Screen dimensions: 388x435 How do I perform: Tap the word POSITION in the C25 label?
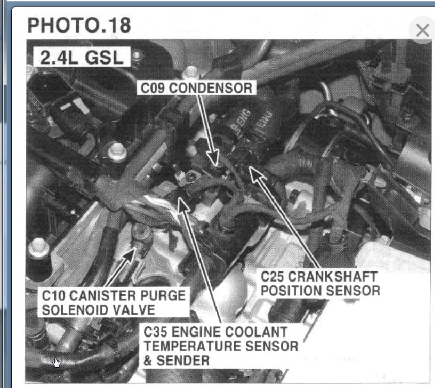[290, 290]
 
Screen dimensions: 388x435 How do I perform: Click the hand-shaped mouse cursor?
[57, 362]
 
